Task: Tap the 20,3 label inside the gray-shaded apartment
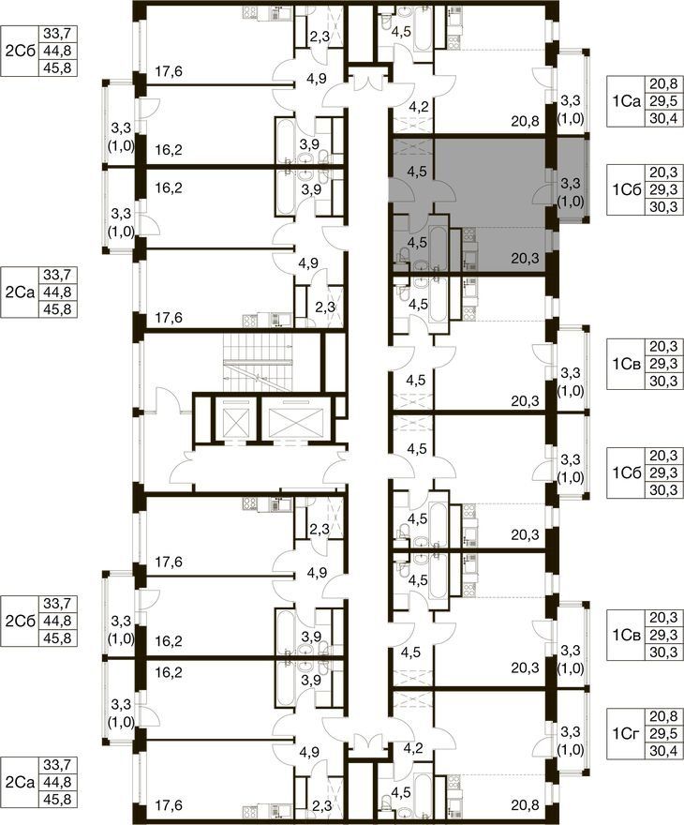pos(525,258)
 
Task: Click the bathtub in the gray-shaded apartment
pos(438,247)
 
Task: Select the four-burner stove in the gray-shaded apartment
pos(469,235)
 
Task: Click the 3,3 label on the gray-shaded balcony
pos(571,183)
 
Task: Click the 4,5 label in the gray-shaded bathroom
pos(418,242)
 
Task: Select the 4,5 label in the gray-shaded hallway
pos(417,172)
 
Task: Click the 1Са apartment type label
pos(627,101)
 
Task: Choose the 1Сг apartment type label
pos(627,733)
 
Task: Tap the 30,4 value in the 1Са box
pos(663,118)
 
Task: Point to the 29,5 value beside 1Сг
pos(663,733)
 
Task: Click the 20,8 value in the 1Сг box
pos(663,716)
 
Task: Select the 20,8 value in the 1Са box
pos(663,84)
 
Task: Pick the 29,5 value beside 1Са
pos(663,101)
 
